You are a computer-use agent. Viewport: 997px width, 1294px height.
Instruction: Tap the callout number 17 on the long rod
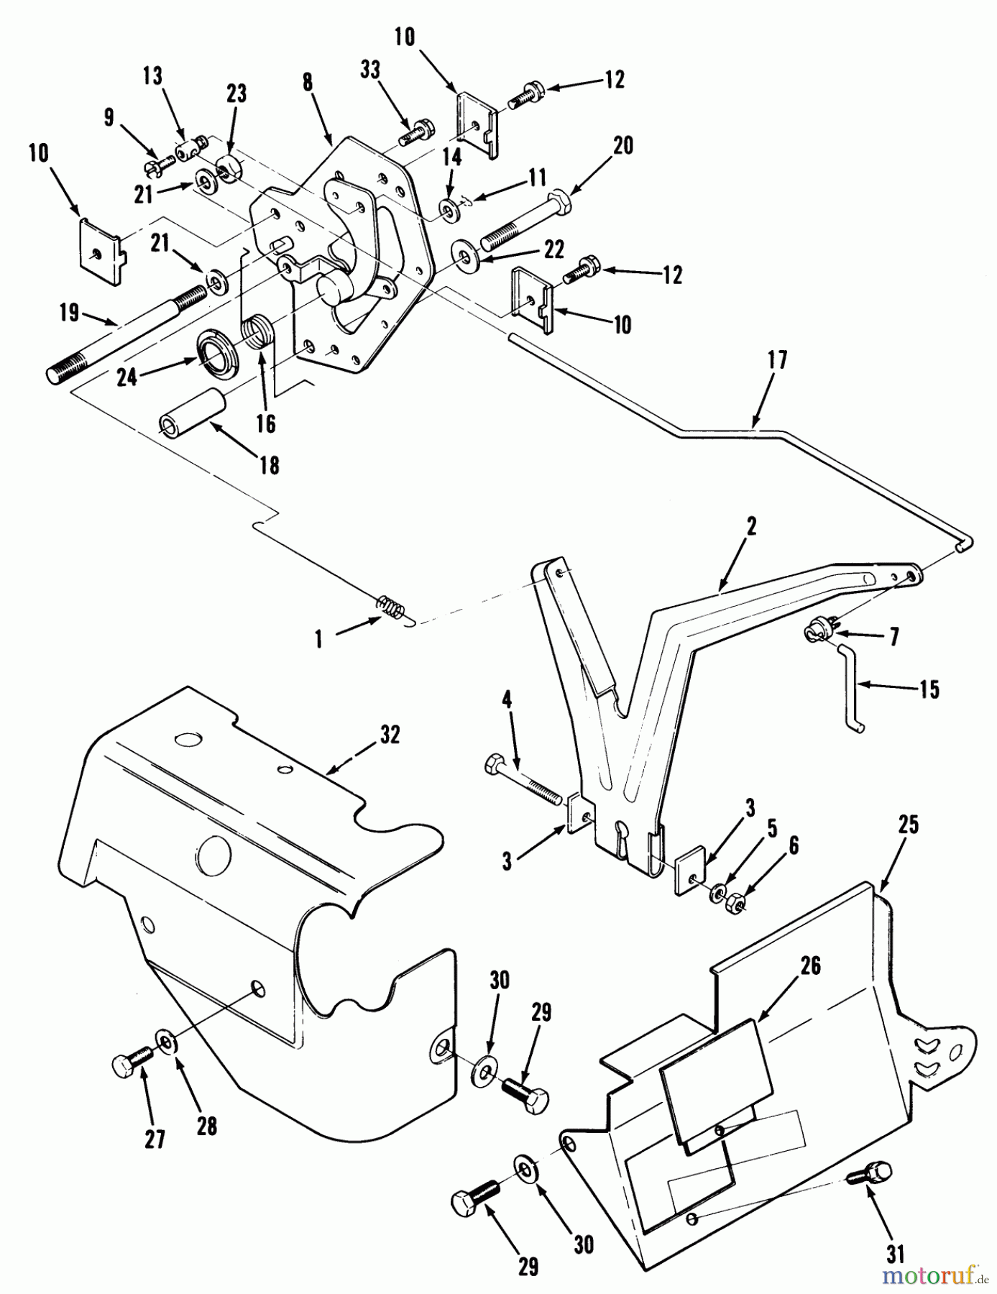pyautogui.click(x=777, y=359)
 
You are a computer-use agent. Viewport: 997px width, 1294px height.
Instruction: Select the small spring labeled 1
pyautogui.click(x=389, y=607)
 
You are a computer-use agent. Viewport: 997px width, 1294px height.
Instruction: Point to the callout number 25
pyautogui.click(x=909, y=824)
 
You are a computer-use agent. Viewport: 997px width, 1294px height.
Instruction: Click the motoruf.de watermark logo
pyautogui.click(x=934, y=1275)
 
